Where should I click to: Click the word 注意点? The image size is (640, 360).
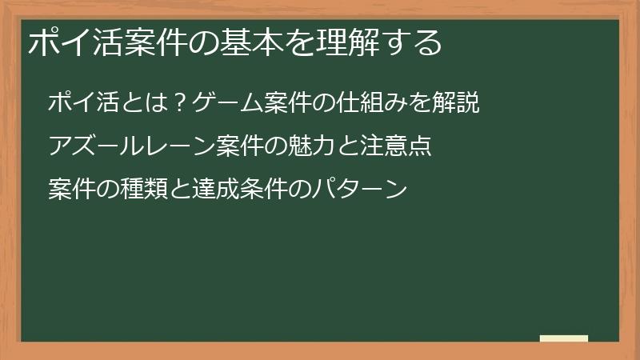pos(400,147)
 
